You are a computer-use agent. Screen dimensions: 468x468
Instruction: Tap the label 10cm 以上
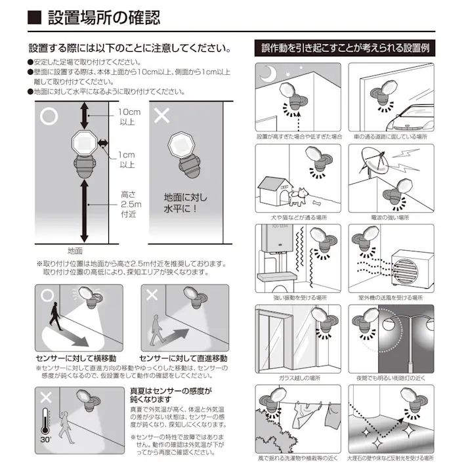(127, 117)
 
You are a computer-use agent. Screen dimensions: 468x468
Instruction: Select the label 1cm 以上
(127, 160)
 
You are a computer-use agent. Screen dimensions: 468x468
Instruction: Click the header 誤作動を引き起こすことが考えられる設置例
(345, 48)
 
